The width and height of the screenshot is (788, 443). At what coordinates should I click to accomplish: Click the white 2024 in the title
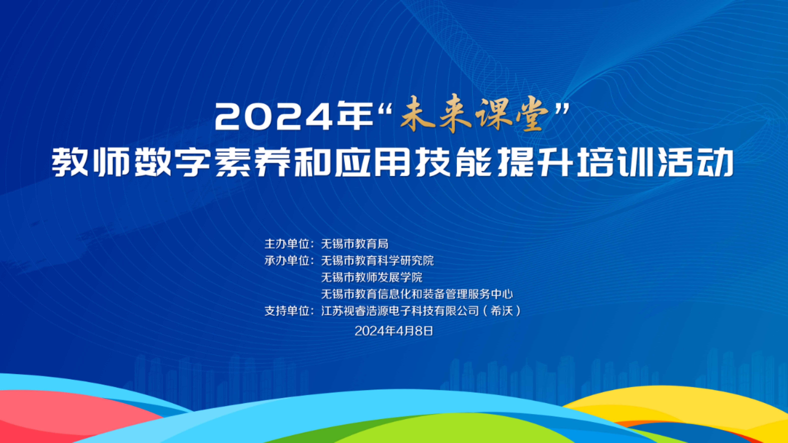click(273, 117)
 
